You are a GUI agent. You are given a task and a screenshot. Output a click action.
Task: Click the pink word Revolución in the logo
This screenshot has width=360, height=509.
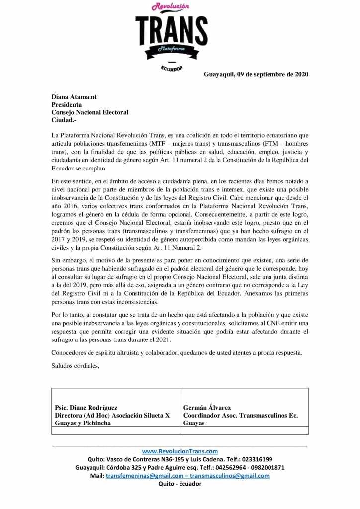pos(171,7)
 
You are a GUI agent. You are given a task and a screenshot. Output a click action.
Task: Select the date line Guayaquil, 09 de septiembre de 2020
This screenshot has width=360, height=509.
pos(256,75)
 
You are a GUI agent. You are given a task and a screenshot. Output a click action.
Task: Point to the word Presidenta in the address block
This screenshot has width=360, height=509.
pos(67,105)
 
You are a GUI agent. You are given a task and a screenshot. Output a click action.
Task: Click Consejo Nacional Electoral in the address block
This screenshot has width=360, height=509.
pos(90,112)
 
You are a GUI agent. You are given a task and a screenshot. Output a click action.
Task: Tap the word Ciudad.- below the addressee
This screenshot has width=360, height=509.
pos(64,120)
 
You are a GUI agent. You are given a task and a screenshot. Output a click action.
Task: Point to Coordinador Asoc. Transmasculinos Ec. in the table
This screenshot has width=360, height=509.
pos(241,415)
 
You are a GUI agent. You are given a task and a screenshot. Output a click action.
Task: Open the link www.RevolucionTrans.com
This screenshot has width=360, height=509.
pos(180,451)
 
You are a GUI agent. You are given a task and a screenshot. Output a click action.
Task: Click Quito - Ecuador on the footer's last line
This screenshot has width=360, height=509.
pos(180,484)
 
